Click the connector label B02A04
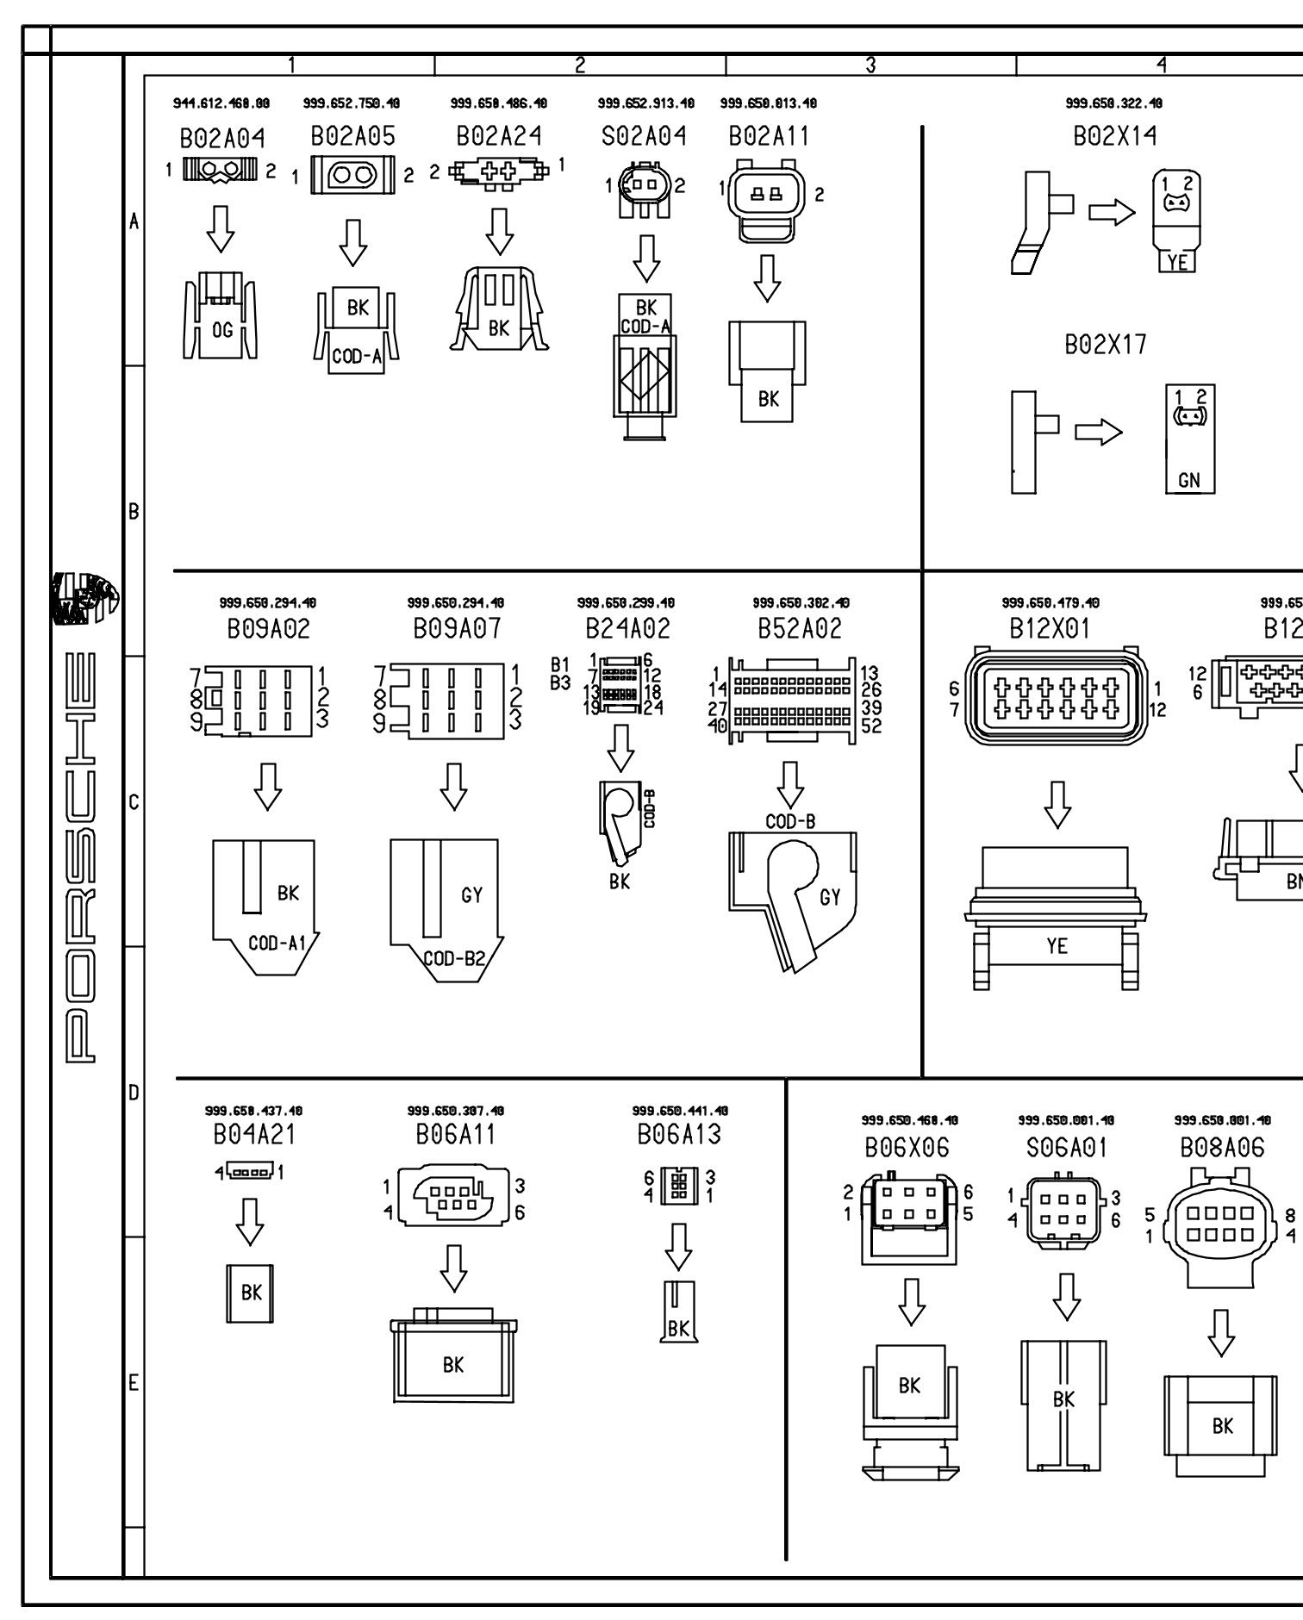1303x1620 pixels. pyautogui.click(x=222, y=138)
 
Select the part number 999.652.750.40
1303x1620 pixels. pyautogui.click(x=352, y=103)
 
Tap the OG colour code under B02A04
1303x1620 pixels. pyautogui.click(x=222, y=330)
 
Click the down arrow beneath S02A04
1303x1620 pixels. pyautogui.click(x=646, y=258)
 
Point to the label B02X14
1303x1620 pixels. pyautogui.click(x=1115, y=136)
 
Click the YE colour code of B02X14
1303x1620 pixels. pyautogui.click(x=1176, y=262)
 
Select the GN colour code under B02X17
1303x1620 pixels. pyautogui.click(x=1189, y=480)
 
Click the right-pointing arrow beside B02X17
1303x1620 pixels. pyautogui.click(x=1099, y=432)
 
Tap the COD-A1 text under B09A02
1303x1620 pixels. pyautogui.click(x=277, y=943)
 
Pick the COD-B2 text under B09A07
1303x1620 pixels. pyautogui.click(x=454, y=957)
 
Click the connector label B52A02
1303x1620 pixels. pyautogui.click(x=799, y=629)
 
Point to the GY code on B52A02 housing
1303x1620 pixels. pyautogui.click(x=830, y=898)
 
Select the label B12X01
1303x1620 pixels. pyautogui.click(x=1050, y=629)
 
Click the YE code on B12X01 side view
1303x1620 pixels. pyautogui.click(x=1057, y=946)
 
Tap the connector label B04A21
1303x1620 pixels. pyautogui.click(x=254, y=1135)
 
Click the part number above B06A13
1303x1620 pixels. pyautogui.click(x=680, y=1111)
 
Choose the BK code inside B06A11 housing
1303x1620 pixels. pyautogui.click(x=453, y=1365)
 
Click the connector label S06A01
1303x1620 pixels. pyautogui.click(x=1066, y=1147)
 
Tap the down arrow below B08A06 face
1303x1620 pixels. pyautogui.click(x=1221, y=1333)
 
